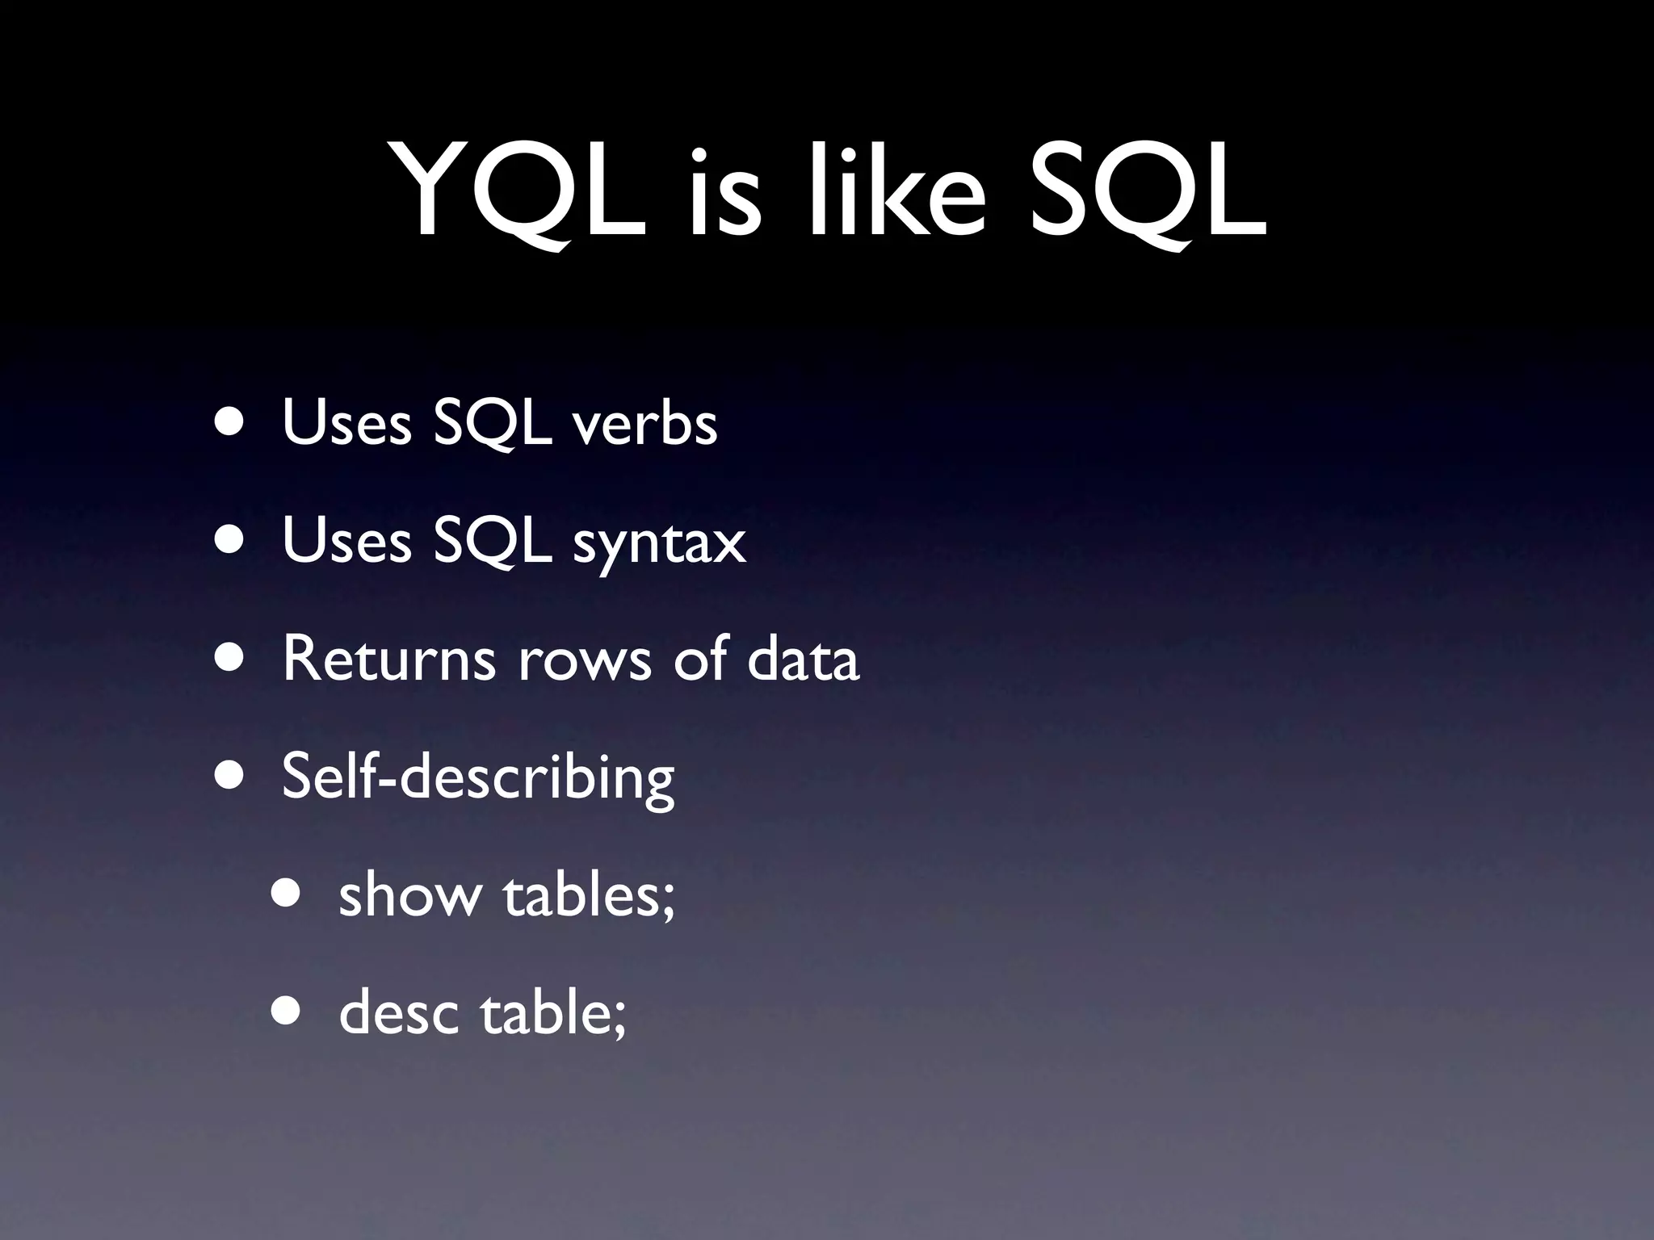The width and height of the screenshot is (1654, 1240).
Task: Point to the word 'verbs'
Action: tap(645, 423)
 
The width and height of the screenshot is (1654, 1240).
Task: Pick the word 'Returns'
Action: tap(388, 659)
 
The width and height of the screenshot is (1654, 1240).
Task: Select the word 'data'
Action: tap(803, 659)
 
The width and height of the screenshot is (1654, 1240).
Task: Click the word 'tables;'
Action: tap(589, 895)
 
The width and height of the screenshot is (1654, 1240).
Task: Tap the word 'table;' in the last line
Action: tap(553, 1013)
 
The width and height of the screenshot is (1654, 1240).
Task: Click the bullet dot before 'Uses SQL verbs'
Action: tap(230, 423)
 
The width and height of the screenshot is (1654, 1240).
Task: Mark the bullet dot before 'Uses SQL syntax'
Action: tap(230, 541)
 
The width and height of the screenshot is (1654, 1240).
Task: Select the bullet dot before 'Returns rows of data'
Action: tap(230, 659)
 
